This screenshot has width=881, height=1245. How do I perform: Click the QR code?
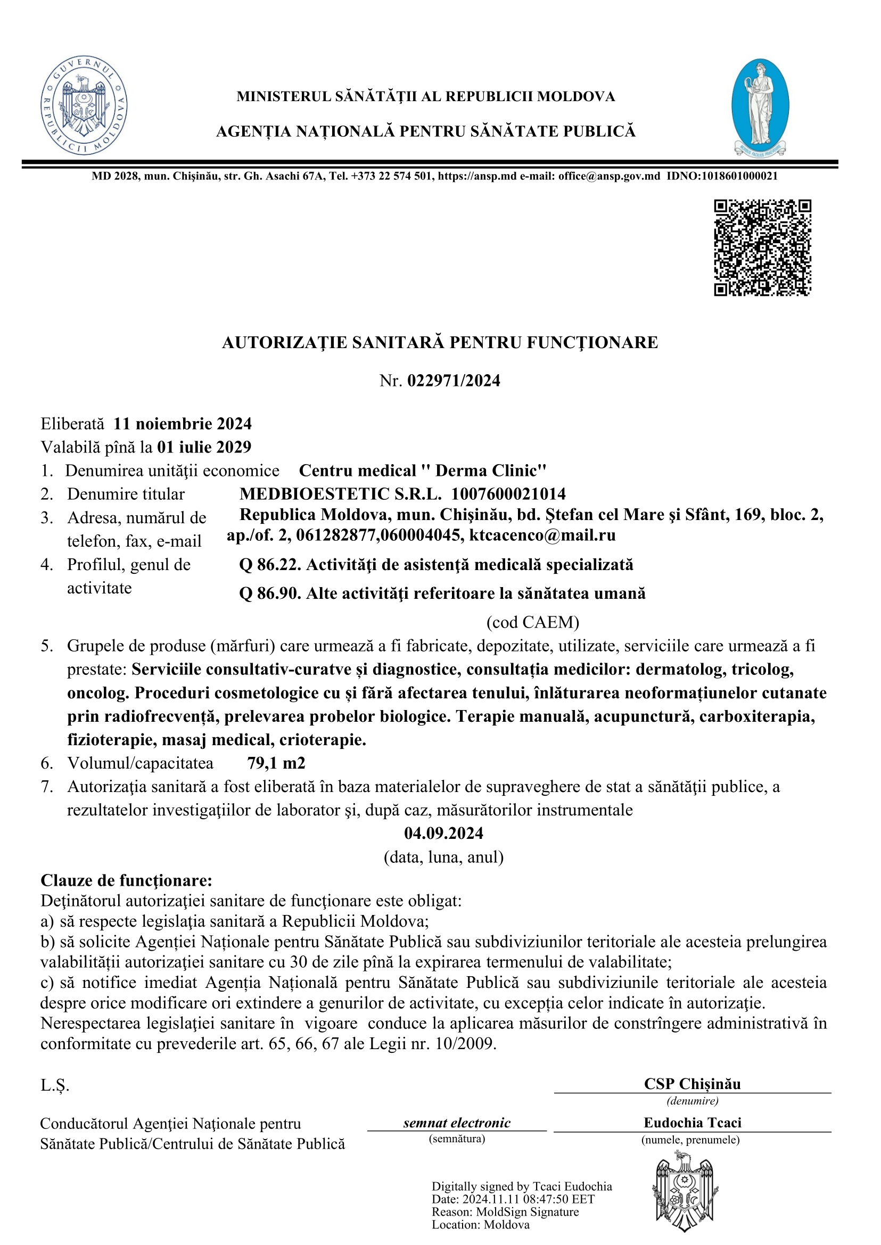pos(762,248)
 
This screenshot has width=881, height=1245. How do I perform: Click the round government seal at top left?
pos(84,105)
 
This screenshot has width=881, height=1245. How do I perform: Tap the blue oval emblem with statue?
pos(760,107)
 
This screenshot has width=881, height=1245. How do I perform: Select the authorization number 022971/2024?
pos(454,381)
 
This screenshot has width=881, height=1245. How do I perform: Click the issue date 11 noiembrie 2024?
pos(182,424)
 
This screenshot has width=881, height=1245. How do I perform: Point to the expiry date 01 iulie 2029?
pos(204,447)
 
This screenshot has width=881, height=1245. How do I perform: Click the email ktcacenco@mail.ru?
pos(542,535)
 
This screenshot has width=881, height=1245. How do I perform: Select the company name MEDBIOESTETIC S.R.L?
pos(341,493)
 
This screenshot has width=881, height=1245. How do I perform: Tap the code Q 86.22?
pos(269,565)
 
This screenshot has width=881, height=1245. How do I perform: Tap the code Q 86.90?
pos(269,593)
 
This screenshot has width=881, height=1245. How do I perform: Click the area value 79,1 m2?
pos(276,763)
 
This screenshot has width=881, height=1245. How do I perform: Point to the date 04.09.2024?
pos(443,833)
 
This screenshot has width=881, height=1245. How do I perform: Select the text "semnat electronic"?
pos(457,1123)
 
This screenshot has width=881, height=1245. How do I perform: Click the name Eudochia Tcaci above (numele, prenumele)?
pos(692,1123)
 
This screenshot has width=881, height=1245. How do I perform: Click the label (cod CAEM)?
pos(533,622)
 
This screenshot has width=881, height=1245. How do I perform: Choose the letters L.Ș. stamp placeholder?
pos(55,1085)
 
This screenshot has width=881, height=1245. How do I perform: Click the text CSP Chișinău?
pos(692,1084)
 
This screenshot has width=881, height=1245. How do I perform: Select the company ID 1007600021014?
pos(508,493)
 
